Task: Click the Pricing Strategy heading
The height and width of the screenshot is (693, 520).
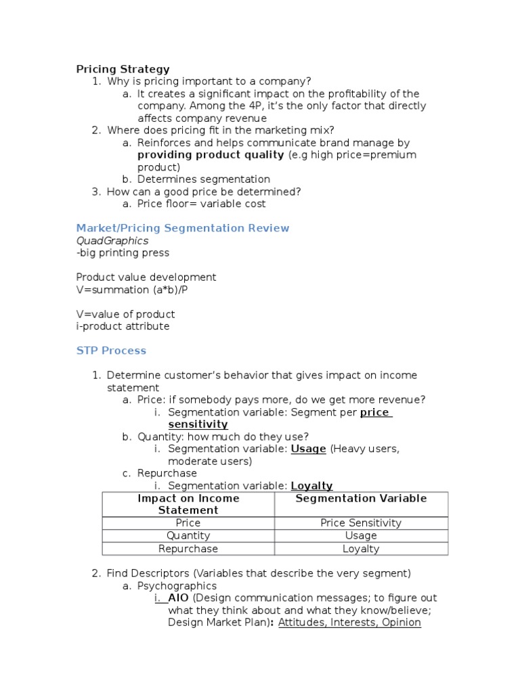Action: [123, 69]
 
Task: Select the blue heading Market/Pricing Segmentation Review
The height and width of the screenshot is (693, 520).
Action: [182, 228]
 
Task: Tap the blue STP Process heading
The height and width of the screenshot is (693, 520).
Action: [111, 351]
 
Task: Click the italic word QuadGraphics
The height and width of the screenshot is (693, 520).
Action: [112, 240]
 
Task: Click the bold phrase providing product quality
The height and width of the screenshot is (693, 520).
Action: [211, 155]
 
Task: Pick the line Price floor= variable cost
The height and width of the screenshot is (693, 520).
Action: [201, 204]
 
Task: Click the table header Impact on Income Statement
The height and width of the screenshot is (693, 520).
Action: [188, 504]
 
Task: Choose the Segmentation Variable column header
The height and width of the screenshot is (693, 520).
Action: [361, 499]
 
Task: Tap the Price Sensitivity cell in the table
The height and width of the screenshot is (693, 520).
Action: [361, 523]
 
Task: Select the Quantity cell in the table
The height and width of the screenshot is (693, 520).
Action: [188, 536]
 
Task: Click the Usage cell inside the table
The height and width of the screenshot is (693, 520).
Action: [361, 536]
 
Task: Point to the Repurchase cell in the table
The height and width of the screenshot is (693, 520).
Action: [188, 549]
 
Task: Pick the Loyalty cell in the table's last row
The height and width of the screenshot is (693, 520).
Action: [361, 549]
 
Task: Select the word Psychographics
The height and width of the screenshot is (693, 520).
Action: [177, 586]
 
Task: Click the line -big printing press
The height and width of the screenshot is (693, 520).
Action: [123, 253]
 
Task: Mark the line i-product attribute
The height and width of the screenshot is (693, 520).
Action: [123, 326]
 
